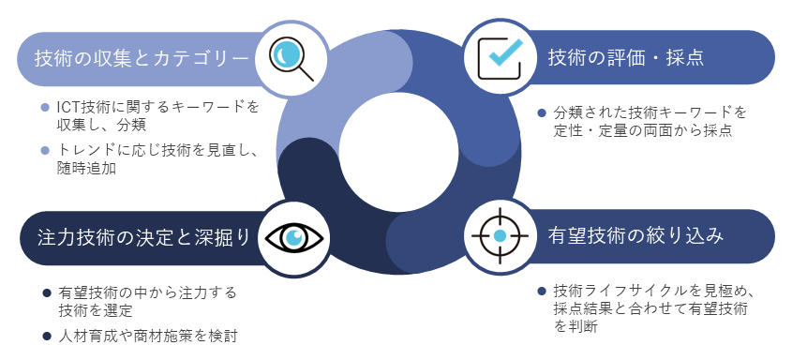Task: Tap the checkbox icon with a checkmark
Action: coord(500,57)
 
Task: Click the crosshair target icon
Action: coord(500,234)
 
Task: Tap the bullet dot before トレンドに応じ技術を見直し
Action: coord(46,151)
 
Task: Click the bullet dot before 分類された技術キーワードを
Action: coord(541,113)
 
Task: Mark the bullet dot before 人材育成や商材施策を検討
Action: coord(46,336)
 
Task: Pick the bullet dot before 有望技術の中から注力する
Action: coord(46,292)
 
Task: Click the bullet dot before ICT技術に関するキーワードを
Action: coord(46,107)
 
